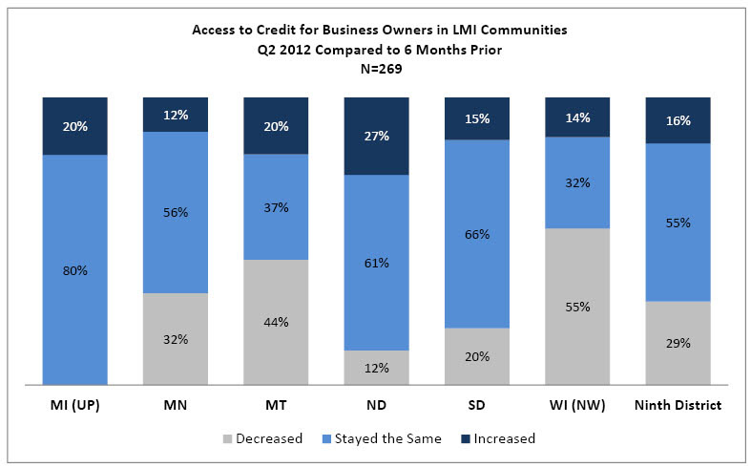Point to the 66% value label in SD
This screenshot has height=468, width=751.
pos(477,234)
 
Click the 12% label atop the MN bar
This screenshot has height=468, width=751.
pos(176,116)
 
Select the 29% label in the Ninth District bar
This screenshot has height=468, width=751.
pos(678,343)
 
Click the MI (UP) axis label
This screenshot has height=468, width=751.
pos(74,405)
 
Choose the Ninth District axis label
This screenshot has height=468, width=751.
pos(678,405)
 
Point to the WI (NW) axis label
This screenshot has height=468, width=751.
pos(577,405)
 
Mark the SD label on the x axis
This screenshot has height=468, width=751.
pos(477,405)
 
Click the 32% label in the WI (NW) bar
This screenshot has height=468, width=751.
pos(577,182)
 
